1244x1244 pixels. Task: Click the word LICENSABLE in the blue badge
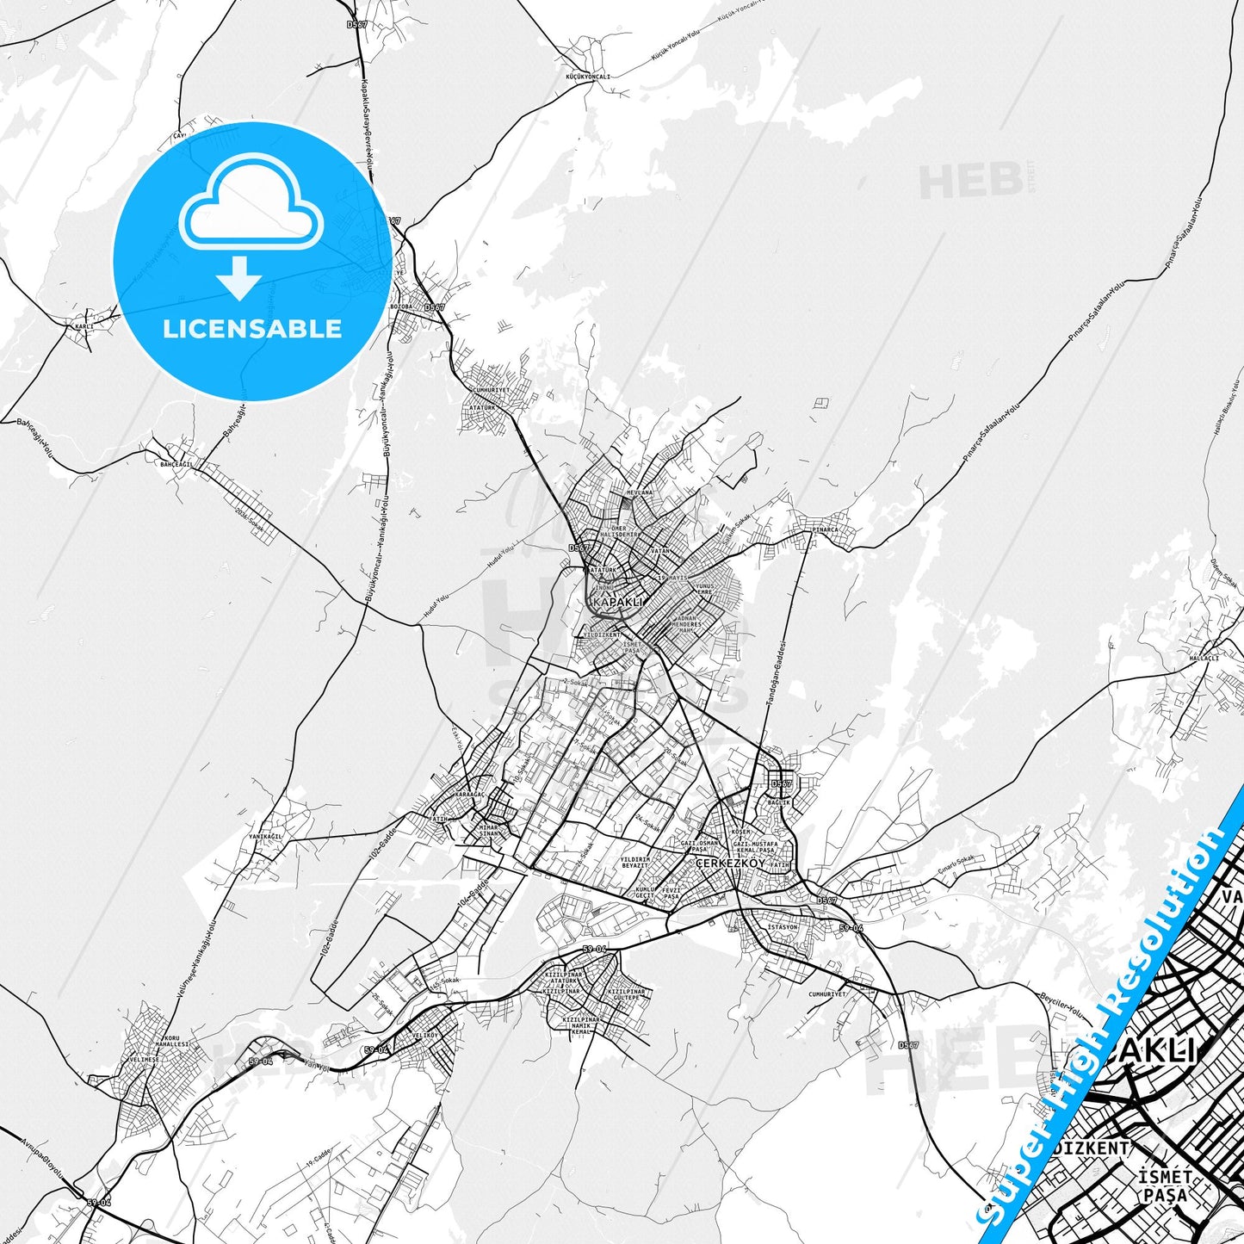coord(252,329)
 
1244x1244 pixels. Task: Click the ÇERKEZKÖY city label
coord(730,863)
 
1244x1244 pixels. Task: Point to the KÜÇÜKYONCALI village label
coord(587,77)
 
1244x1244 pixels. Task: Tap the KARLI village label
coord(84,327)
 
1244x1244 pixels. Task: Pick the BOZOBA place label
coord(402,306)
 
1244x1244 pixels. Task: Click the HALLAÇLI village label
coord(1204,658)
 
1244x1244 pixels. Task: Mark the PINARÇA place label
coord(824,530)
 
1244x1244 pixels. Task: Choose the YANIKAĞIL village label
coord(265,835)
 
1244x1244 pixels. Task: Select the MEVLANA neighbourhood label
coord(640,492)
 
